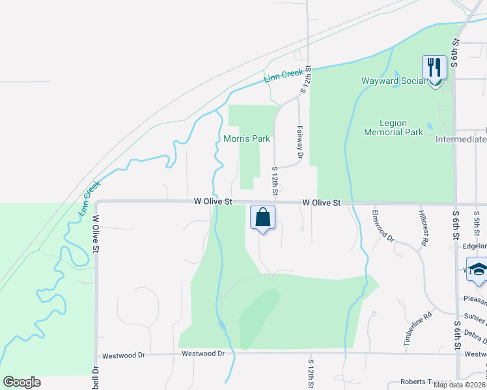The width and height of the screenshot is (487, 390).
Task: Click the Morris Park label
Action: click(x=246, y=138)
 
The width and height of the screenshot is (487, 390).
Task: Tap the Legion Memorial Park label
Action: click(x=402, y=127)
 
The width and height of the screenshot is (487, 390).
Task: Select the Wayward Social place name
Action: click(x=393, y=81)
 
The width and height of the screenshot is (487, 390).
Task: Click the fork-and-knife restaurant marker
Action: click(x=434, y=68)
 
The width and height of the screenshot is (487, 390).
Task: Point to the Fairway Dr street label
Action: click(x=300, y=142)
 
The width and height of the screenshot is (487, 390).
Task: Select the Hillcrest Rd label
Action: click(x=424, y=228)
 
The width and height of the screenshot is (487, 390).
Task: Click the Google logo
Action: click(x=21, y=382)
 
